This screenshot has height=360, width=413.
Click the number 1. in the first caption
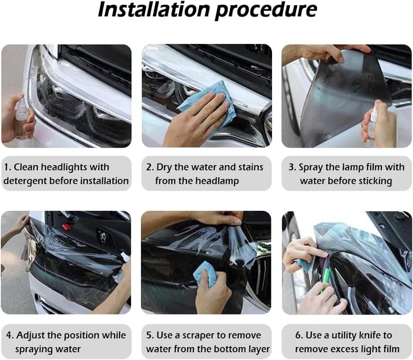coord(8,167)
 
